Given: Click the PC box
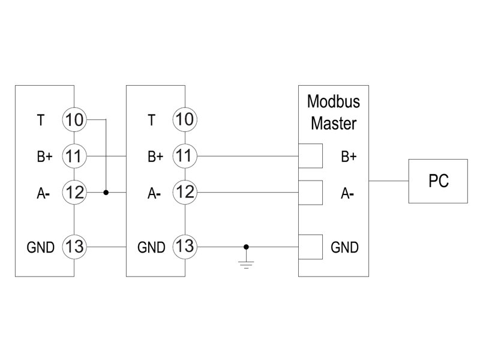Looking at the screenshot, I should (438, 181).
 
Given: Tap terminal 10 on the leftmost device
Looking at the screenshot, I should (74, 120).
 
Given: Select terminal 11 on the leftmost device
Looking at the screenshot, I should (74, 157).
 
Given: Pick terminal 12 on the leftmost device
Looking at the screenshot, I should (74, 193).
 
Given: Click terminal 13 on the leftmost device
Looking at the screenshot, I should (74, 246).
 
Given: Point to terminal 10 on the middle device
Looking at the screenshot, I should (185, 120).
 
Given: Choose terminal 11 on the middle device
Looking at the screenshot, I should (185, 157).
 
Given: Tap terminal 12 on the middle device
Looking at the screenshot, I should (185, 193).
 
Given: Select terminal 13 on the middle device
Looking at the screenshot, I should (185, 246).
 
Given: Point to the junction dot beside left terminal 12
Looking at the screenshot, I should (106, 193).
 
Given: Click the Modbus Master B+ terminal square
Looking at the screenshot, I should (310, 157).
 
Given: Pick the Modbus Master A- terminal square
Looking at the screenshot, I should (310, 193).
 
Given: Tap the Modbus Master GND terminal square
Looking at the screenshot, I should (310, 246).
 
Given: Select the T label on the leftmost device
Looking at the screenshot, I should (40, 120).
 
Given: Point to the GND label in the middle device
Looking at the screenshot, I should (151, 247).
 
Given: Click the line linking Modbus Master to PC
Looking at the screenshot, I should (388, 181).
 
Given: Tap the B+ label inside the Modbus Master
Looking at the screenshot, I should (349, 157).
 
